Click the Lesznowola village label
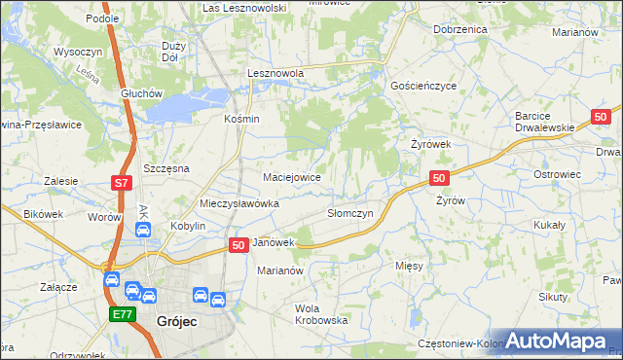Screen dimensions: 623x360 275,73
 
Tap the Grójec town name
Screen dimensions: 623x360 177,320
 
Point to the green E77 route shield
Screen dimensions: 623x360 122,313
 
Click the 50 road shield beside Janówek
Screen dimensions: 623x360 238,247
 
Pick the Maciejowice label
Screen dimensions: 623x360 292,178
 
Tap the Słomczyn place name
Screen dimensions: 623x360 349,214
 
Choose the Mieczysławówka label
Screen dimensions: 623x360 239,204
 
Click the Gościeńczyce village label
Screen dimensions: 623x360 423,86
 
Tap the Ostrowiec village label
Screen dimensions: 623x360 557,174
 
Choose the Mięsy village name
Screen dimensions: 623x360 409,265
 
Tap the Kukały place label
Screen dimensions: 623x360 550,224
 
